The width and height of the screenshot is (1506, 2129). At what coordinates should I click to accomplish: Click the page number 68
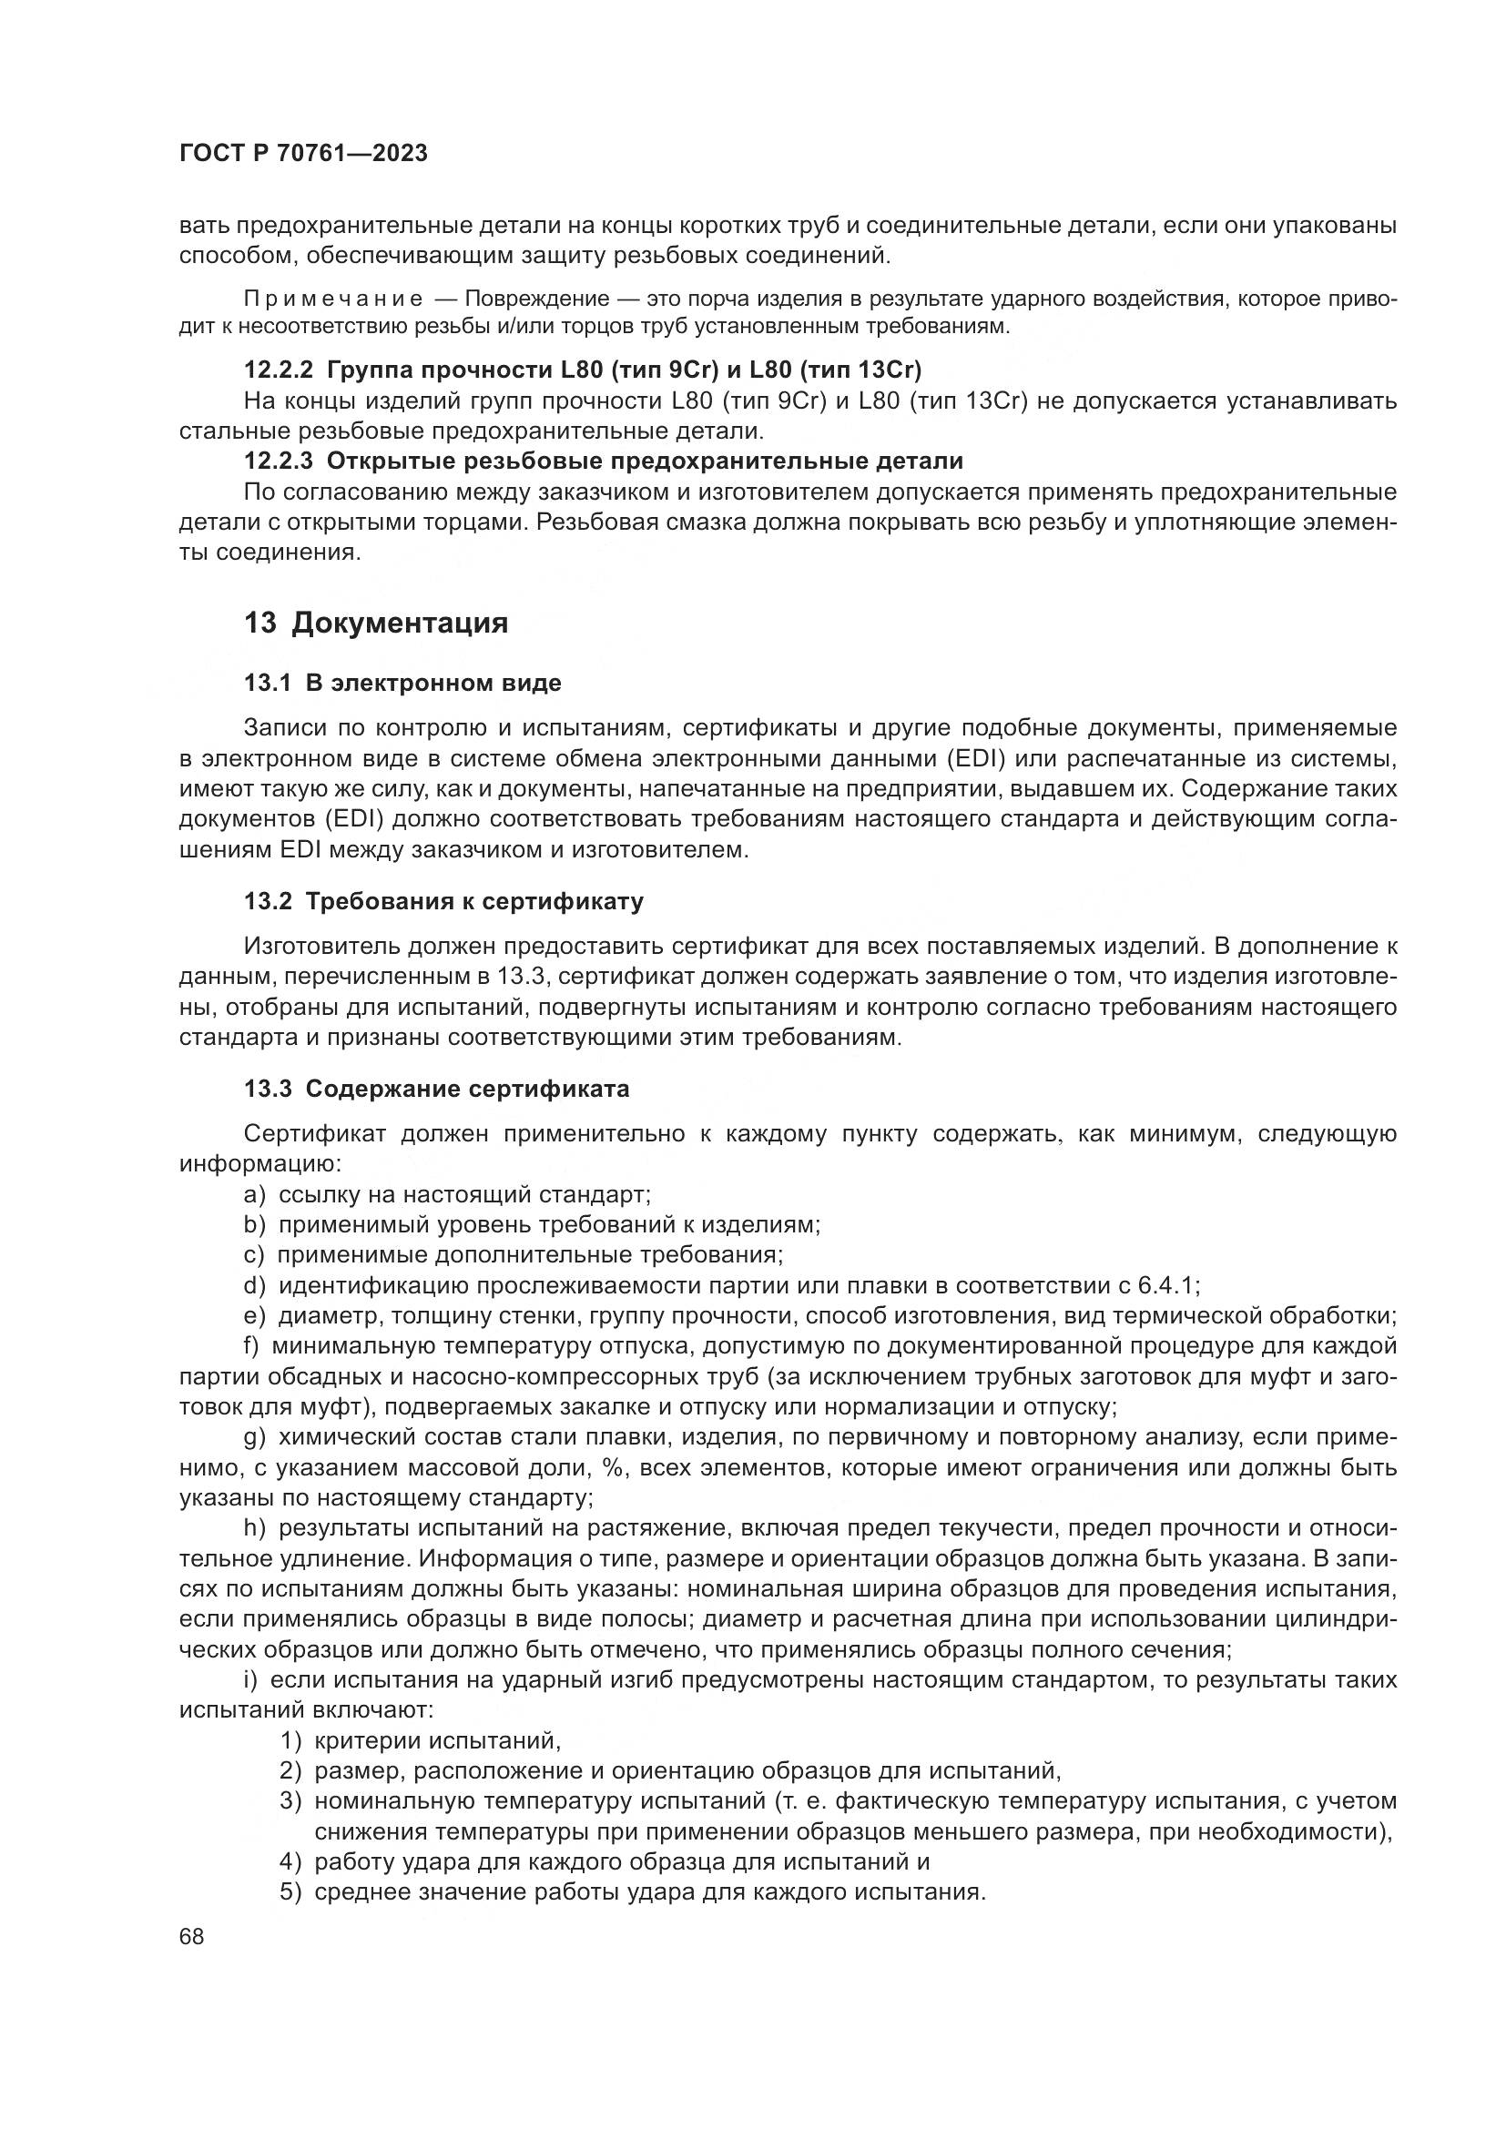[192, 1937]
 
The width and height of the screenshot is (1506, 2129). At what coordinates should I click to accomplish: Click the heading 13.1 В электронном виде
[402, 684]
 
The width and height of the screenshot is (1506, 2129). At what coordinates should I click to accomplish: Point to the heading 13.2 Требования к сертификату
[443, 901]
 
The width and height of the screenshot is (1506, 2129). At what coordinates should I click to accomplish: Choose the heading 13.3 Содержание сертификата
[436, 1089]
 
